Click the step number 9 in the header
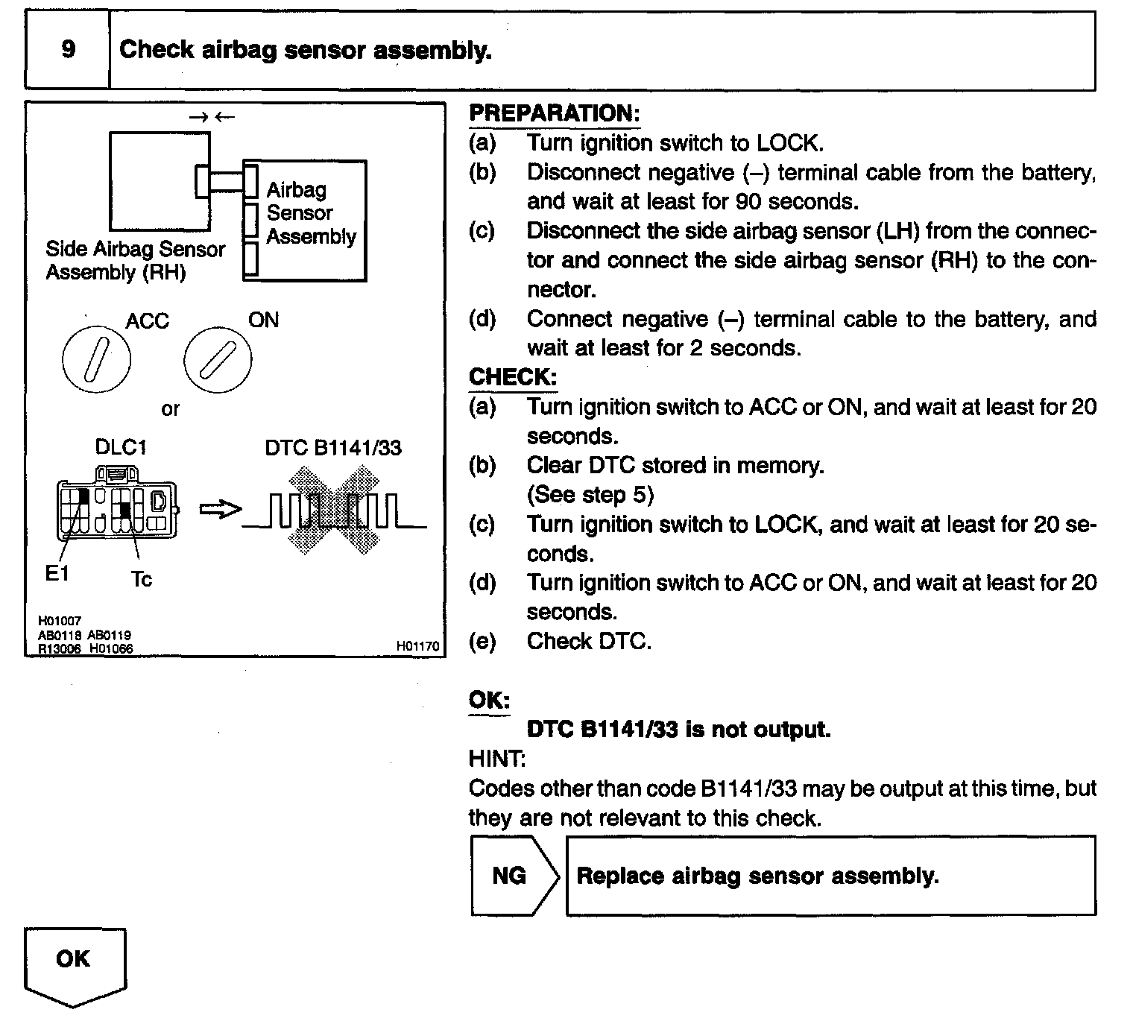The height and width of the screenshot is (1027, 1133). click(68, 50)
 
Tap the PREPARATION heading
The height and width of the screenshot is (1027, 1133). click(554, 113)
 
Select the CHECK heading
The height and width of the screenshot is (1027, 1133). click(512, 377)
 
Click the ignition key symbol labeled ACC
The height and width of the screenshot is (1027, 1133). click(97, 361)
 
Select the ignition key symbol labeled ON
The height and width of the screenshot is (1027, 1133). click(217, 361)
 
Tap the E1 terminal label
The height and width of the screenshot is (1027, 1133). click(57, 574)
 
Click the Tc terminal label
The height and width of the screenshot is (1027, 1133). click(141, 579)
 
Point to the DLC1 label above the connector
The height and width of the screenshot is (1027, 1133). click(121, 447)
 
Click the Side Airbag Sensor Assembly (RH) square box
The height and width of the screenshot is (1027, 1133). click(160, 181)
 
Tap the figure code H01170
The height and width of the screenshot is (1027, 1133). click(417, 647)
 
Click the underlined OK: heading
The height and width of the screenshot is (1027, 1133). click(489, 700)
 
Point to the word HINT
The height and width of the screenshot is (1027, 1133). click(496, 759)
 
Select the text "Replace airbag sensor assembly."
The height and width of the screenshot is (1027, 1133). click(757, 876)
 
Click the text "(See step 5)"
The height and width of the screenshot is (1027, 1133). click(590, 495)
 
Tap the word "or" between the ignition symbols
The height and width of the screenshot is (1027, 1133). click(171, 409)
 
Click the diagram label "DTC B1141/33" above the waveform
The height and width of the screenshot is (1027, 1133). click(333, 447)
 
